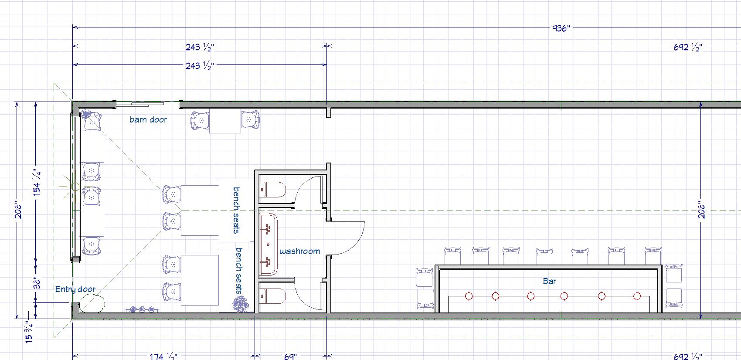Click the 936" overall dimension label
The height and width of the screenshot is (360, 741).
561,28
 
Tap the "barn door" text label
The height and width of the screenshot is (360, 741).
148,119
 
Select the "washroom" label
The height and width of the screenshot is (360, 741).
300,251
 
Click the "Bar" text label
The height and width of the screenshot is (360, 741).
550,281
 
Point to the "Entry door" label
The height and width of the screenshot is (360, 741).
75,289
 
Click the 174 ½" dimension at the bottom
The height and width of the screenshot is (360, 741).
164,357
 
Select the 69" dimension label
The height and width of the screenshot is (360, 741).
290,357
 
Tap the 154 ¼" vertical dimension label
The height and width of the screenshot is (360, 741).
37,182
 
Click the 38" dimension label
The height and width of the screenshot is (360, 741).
37,283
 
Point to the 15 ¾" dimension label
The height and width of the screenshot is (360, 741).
29,332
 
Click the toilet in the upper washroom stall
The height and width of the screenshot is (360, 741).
272,190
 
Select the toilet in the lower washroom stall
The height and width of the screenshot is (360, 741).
272,296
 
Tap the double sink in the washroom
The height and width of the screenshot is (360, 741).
268,245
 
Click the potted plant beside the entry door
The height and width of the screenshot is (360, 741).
92,303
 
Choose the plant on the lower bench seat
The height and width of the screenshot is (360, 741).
241,304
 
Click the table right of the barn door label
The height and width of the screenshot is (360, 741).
225,121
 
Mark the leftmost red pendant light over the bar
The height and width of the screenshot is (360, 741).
469,296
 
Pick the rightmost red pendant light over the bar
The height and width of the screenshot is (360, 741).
637,296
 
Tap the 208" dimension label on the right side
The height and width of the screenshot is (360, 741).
702,210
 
